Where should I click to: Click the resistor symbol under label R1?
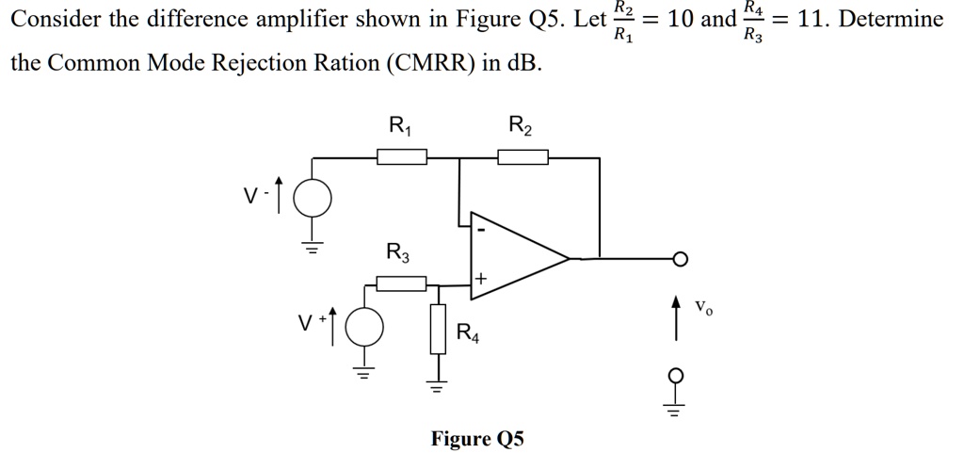(402, 157)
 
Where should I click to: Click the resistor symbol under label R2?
(522, 157)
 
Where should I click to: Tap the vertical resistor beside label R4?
(438, 329)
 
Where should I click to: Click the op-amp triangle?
(513, 257)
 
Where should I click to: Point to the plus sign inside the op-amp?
(480, 280)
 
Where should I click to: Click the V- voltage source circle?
(313, 199)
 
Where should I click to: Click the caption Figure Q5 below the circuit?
(476, 439)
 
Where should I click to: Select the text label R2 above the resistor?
(520, 124)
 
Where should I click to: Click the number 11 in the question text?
(809, 19)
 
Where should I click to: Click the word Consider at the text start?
(56, 19)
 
